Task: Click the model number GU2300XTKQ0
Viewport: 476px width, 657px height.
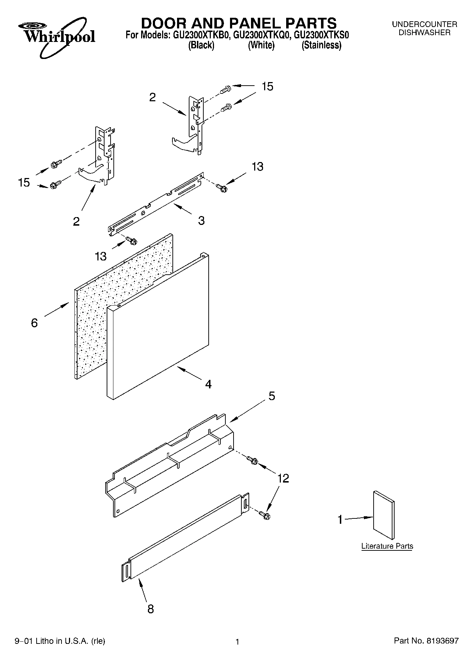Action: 262,35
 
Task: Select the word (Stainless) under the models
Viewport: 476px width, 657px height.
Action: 321,45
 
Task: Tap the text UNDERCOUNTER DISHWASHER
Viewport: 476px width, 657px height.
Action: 424,28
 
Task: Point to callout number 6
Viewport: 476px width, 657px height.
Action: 34,323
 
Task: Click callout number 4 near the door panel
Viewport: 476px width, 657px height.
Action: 208,384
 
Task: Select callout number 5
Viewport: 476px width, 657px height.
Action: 272,396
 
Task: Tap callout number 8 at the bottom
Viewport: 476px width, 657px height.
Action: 150,609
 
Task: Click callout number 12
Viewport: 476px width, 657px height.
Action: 283,478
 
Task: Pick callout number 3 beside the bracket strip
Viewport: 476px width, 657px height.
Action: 201,221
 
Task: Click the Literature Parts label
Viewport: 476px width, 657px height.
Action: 387,546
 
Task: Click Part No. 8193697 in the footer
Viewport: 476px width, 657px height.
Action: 426,641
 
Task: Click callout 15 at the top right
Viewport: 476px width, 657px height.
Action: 267,86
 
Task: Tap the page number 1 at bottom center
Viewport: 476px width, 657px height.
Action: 237,641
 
